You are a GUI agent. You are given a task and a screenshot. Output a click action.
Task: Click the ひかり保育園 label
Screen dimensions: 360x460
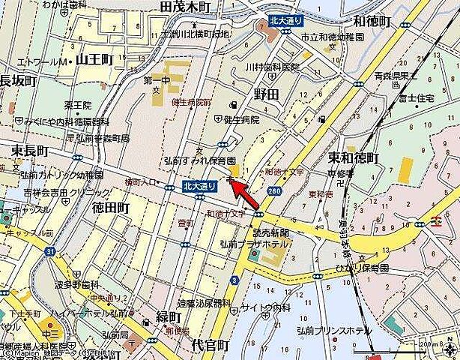point(383,267)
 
